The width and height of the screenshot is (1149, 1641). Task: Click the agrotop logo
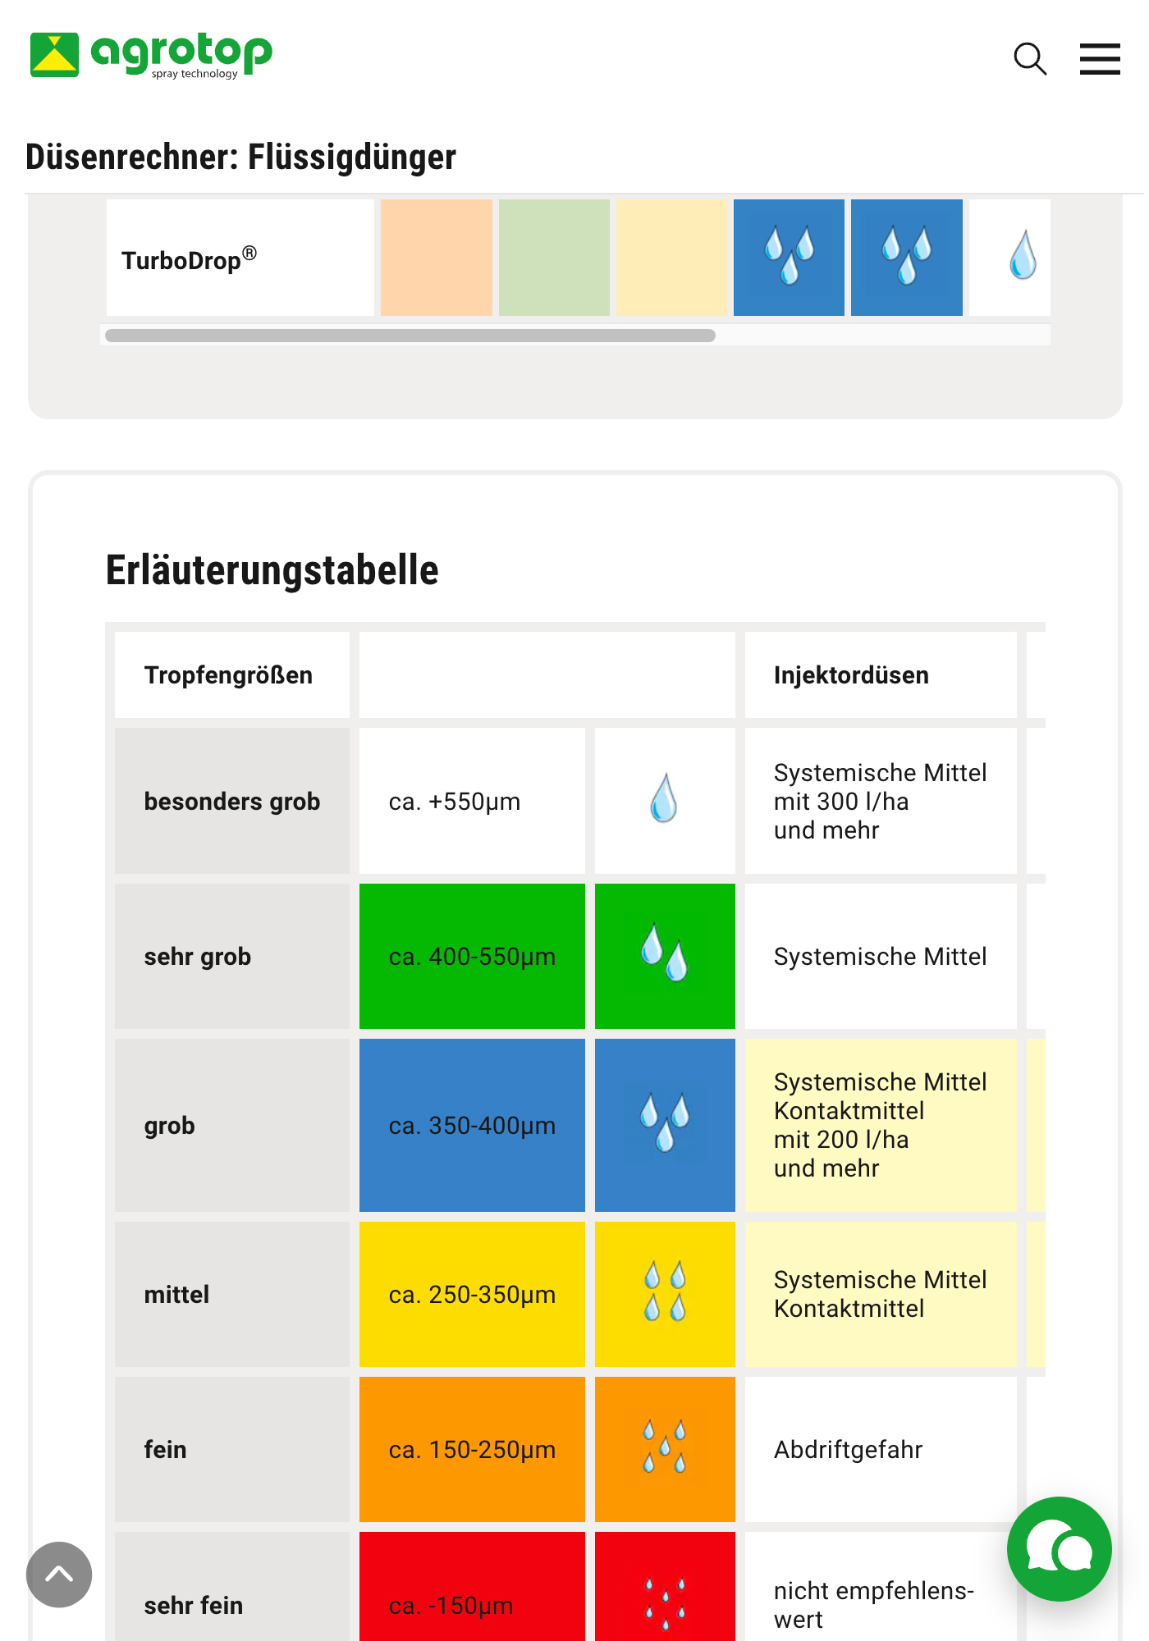(151, 55)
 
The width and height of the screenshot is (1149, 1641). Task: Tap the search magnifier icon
(1030, 59)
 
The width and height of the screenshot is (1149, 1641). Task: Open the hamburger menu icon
(1100, 59)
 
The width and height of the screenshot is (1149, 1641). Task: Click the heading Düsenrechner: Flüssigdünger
(240, 157)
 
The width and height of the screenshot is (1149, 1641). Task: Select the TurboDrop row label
(190, 259)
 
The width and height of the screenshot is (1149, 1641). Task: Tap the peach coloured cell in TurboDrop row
(436, 258)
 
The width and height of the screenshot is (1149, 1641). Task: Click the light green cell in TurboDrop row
(554, 258)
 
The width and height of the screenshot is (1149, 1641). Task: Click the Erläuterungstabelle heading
(272, 570)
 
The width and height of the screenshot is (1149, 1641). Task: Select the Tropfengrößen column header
(228, 675)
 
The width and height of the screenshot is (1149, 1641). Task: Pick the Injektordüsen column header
(851, 675)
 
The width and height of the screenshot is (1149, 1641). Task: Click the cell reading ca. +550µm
(455, 802)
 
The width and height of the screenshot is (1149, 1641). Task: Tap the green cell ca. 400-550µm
(472, 957)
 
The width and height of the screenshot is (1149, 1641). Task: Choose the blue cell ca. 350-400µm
(472, 1126)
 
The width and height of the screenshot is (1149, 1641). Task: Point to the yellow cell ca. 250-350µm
(472, 1295)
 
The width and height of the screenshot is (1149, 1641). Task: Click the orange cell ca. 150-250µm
(472, 1450)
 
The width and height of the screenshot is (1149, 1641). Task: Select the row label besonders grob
(232, 802)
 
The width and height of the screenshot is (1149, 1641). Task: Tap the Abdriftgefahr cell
(848, 1450)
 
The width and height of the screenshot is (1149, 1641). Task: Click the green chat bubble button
(1059, 1549)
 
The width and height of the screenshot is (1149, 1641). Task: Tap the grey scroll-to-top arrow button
(59, 1575)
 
